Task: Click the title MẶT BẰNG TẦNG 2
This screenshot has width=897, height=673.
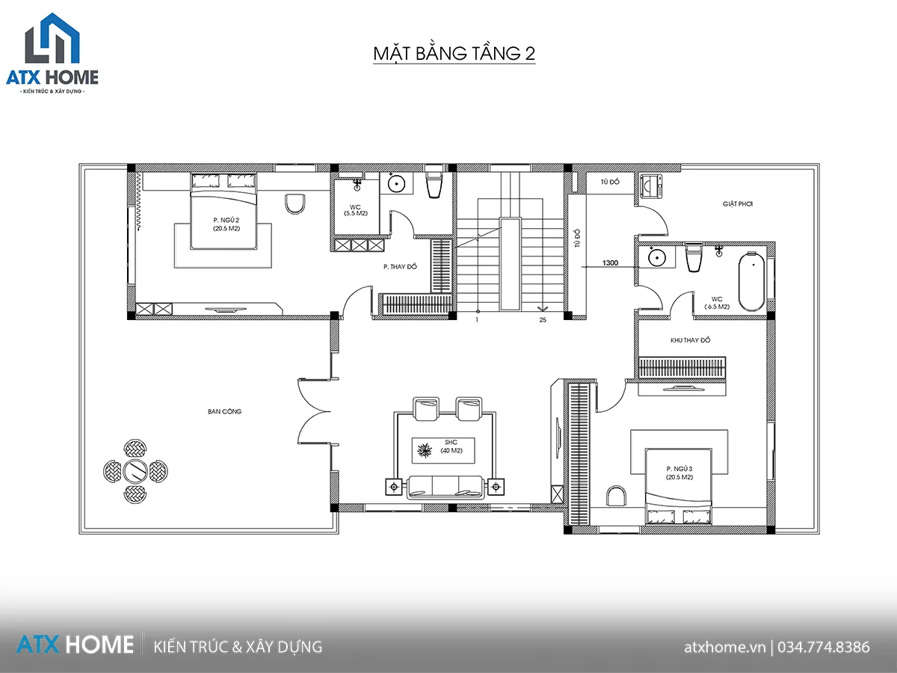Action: [x=454, y=54]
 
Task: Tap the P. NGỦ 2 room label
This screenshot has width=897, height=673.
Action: [x=226, y=224]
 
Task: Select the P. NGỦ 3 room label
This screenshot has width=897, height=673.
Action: [x=679, y=473]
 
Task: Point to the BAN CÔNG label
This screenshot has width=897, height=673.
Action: [x=224, y=411]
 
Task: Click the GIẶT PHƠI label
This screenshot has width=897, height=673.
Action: [x=738, y=203]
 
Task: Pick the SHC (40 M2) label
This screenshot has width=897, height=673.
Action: [x=451, y=446]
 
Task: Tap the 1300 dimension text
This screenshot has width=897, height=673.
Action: [x=610, y=262]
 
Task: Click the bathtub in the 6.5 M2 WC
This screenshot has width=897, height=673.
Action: [x=751, y=281]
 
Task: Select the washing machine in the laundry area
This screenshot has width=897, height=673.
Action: [x=650, y=186]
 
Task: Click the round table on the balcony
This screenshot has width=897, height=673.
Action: [x=135, y=471]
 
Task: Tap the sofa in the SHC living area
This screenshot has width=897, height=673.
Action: [x=445, y=487]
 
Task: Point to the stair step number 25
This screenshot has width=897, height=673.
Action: [x=543, y=319]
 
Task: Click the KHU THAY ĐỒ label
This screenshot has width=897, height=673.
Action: [x=690, y=340]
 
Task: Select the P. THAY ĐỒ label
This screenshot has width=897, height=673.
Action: [x=400, y=266]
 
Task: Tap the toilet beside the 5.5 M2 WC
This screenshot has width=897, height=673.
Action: [x=434, y=185]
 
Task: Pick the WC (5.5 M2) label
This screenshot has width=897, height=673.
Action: [x=355, y=210]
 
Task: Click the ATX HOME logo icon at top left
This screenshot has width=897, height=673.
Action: [x=52, y=38]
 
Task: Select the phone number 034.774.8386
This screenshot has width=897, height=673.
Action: [x=824, y=648]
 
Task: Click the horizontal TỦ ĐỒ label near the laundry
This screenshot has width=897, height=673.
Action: [x=610, y=182]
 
